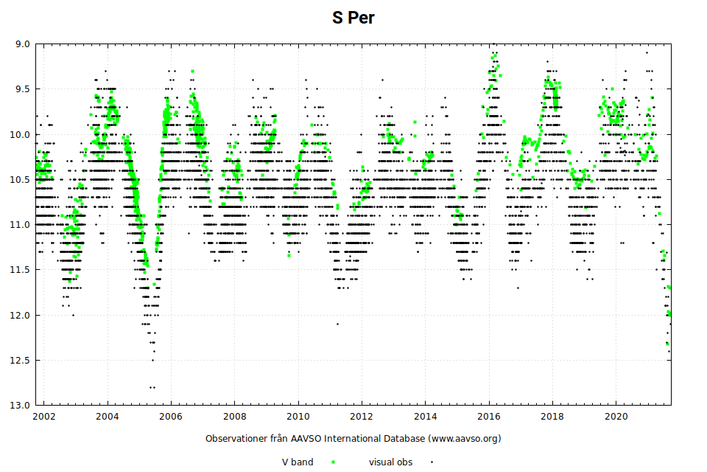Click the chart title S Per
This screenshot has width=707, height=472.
pyautogui.click(x=353, y=18)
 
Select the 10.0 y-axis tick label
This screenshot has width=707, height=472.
pyautogui.click(x=21, y=134)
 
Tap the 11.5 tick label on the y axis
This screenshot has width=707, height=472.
pyautogui.click(x=21, y=270)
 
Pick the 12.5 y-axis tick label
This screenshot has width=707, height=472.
pyautogui.click(x=21, y=360)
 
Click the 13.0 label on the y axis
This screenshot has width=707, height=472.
pyautogui.click(x=21, y=406)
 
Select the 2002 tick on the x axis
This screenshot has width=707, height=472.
pyautogui.click(x=43, y=417)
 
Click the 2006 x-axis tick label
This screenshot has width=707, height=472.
pyautogui.click(x=171, y=417)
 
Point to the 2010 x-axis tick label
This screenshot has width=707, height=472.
pyautogui.click(x=298, y=417)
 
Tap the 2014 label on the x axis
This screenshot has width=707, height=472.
pyautogui.click(x=425, y=417)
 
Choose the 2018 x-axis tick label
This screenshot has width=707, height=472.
pyautogui.click(x=552, y=417)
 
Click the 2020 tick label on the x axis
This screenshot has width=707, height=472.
pyautogui.click(x=616, y=417)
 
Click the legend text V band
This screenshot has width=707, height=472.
pyautogui.click(x=298, y=462)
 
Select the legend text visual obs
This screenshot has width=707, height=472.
pyautogui.click(x=390, y=462)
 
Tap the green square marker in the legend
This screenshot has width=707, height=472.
pyautogui.click(x=333, y=462)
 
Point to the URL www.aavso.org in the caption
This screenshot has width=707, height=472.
pyautogui.click(x=461, y=438)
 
